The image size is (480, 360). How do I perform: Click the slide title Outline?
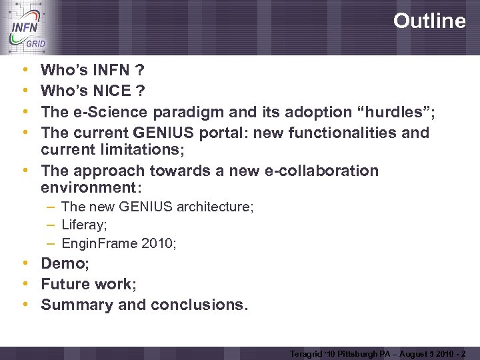click(429, 21)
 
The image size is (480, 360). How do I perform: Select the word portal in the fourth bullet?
click(236, 133)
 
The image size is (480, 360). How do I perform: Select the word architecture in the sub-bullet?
click(215, 207)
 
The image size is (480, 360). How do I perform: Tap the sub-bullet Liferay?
click(82, 225)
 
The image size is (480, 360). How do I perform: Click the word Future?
click(65, 284)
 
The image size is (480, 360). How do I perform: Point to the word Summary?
click(75, 305)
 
